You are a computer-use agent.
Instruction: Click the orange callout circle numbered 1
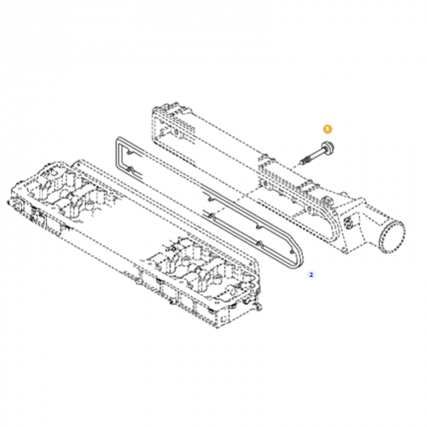328,129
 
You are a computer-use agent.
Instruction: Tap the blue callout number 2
310,274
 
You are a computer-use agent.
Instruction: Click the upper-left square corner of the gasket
118,141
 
